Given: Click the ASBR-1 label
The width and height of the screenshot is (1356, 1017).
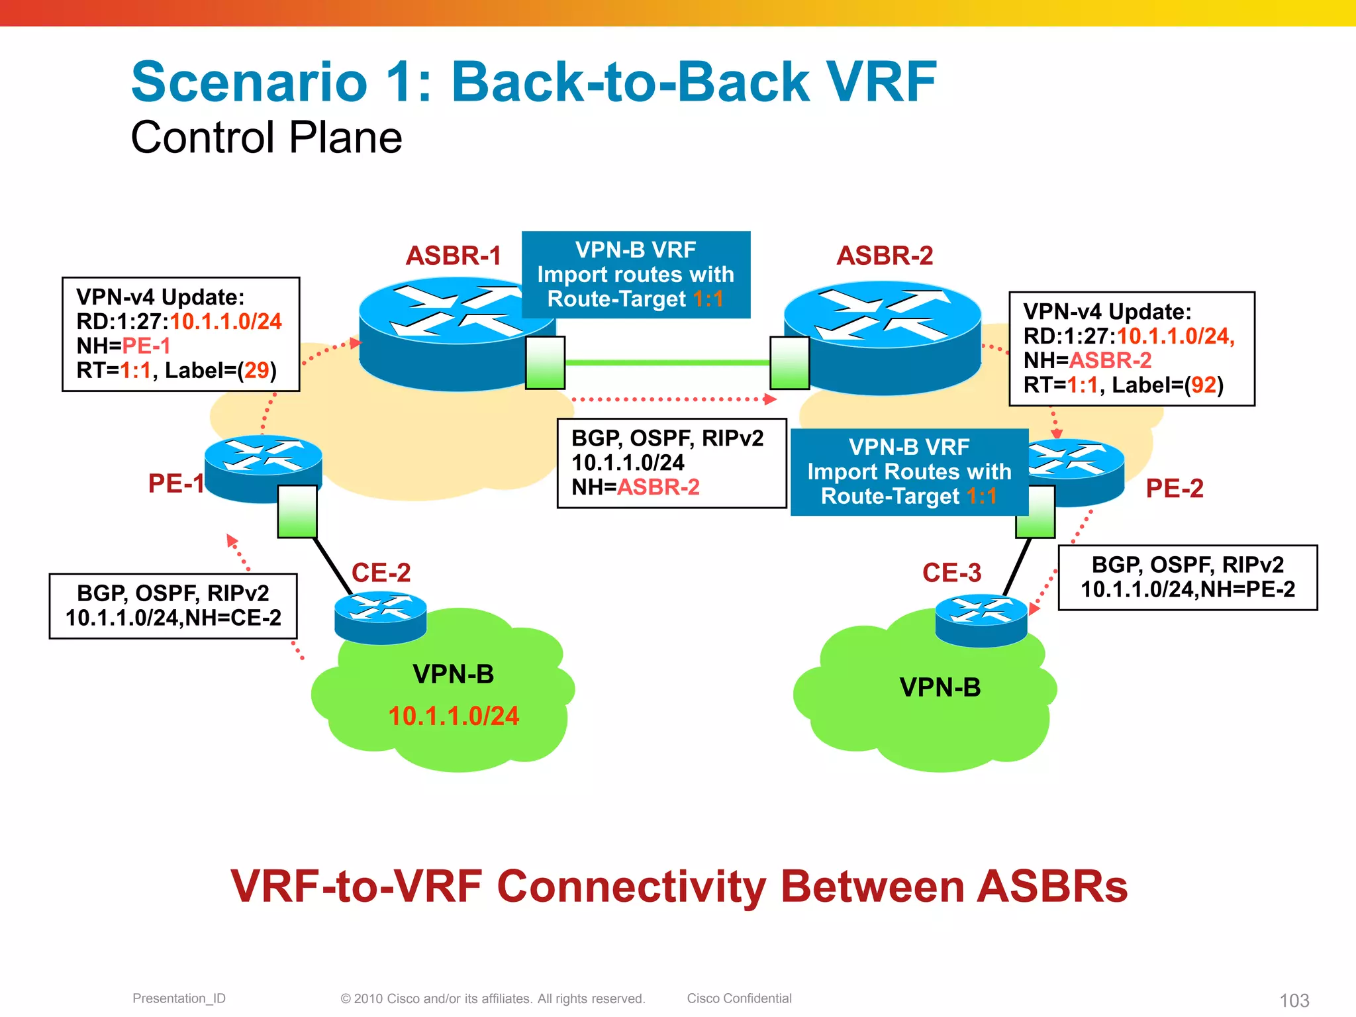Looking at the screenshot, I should click(x=453, y=256).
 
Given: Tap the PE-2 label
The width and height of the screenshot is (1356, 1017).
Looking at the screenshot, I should click(x=1174, y=489).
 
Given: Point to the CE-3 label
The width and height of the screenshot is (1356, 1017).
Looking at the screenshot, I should click(x=951, y=573).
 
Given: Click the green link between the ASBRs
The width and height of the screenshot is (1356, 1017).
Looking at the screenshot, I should click(x=667, y=363).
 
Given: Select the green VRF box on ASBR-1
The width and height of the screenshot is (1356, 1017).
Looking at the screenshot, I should click(x=545, y=363).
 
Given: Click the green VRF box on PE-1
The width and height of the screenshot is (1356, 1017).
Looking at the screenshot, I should click(x=297, y=511).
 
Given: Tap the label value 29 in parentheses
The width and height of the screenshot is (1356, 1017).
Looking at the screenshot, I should click(x=256, y=370).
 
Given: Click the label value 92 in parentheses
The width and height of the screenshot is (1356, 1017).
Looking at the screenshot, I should click(x=1203, y=385).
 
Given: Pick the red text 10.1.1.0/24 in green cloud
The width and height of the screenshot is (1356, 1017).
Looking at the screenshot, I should click(x=454, y=716).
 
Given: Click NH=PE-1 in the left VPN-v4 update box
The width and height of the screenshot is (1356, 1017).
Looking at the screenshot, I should click(x=124, y=346).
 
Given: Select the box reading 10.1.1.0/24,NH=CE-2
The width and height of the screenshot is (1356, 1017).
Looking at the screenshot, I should click(x=173, y=606).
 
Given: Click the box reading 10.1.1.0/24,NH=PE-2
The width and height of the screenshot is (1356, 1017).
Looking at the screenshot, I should click(x=1187, y=577).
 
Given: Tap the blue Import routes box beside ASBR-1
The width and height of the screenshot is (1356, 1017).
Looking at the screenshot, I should click(x=636, y=274).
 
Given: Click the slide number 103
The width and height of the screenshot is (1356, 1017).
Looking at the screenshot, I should click(x=1294, y=1000).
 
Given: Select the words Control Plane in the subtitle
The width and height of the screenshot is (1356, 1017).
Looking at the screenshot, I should click(x=266, y=138).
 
